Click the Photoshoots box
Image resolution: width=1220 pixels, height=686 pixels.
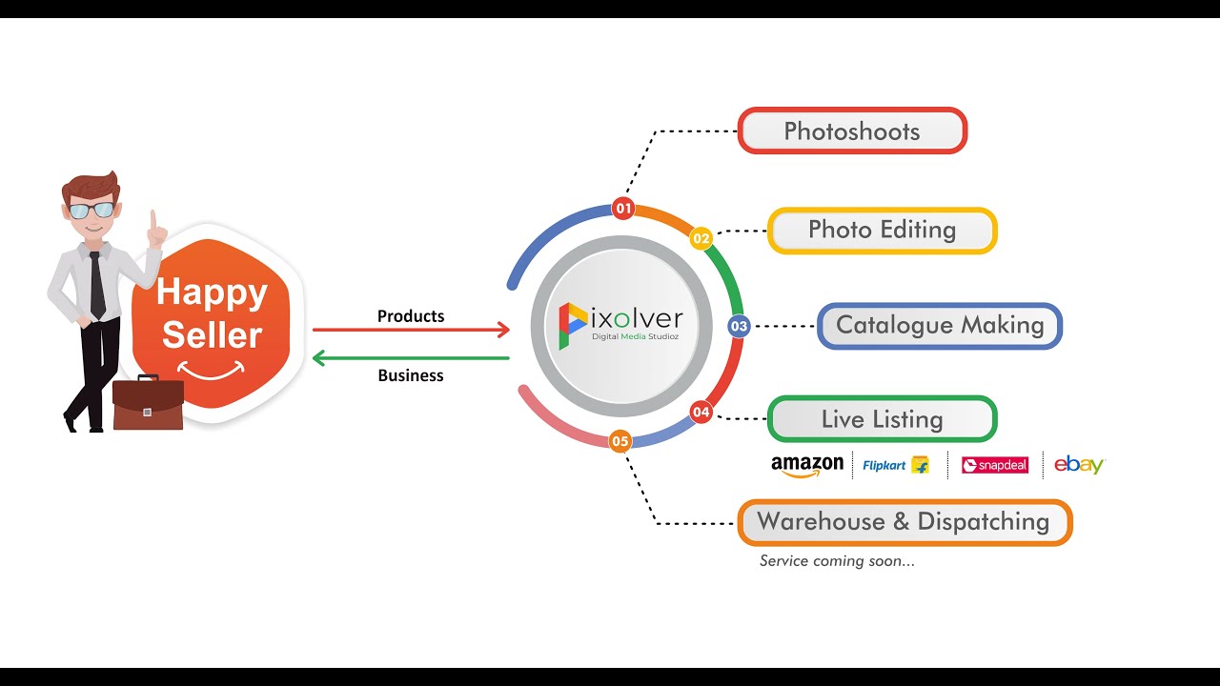pyautogui.click(x=852, y=131)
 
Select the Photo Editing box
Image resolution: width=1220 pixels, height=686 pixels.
pyautogui.click(x=882, y=230)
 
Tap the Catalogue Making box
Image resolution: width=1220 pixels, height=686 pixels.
pyautogui.click(x=940, y=326)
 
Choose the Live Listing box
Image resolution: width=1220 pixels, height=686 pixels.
pyautogui.click(x=882, y=419)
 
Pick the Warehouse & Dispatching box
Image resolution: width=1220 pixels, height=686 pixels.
pyautogui.click(x=904, y=522)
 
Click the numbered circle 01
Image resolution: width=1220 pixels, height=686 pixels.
pyautogui.click(x=623, y=208)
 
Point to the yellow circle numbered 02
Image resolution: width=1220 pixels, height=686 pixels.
pyautogui.click(x=701, y=238)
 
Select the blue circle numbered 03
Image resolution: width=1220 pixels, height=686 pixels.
pyautogui.click(x=739, y=326)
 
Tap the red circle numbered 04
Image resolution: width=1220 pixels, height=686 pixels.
pyautogui.click(x=701, y=412)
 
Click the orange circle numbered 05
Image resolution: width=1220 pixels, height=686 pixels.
pyautogui.click(x=620, y=440)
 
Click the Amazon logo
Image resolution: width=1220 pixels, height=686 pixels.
pyautogui.click(x=807, y=465)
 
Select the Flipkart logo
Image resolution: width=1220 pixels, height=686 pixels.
pyautogui.click(x=895, y=465)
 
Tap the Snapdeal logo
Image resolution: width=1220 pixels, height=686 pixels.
pyautogui.click(x=995, y=465)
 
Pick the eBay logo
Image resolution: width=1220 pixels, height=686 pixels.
pyautogui.click(x=1079, y=465)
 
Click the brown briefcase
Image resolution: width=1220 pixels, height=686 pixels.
pyautogui.click(x=148, y=404)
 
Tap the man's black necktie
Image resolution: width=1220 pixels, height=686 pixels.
pyautogui.click(x=97, y=286)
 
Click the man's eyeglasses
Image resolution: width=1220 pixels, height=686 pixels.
pyautogui.click(x=91, y=211)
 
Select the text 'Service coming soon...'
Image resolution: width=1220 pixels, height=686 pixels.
pyautogui.click(x=837, y=561)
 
